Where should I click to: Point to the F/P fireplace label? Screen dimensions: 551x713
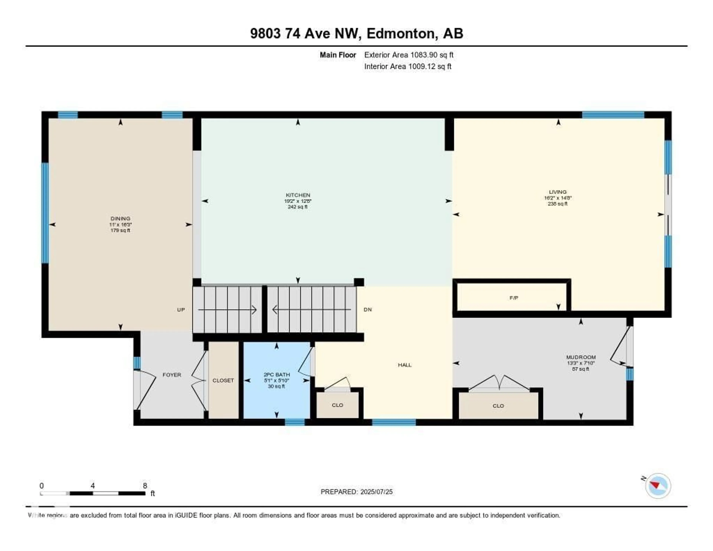[514, 298]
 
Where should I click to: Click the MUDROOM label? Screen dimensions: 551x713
[581, 357]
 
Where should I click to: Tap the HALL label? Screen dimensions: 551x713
[404, 365]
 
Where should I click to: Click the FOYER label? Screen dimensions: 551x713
[172, 375]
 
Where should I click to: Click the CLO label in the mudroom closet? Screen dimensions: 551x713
[498, 406]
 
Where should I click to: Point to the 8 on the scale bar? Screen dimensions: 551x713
[145, 486]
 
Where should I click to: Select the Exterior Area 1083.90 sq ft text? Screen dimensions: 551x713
[409, 55]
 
